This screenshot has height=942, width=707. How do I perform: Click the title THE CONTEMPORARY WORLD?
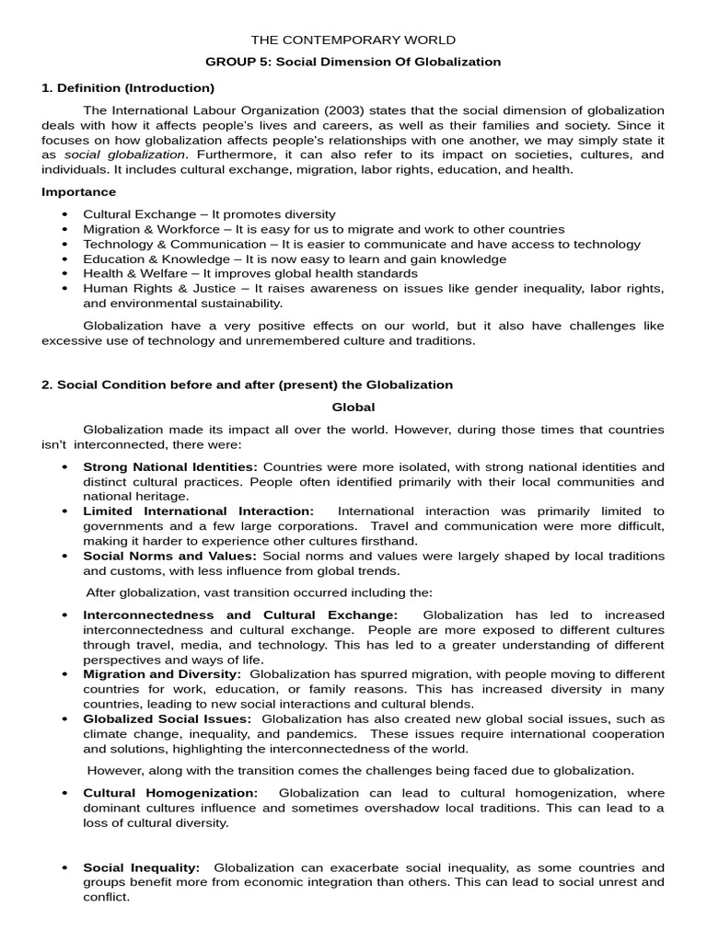coord(353,40)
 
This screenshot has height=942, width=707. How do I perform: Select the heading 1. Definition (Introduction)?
coord(128,88)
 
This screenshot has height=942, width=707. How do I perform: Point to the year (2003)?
coord(342,110)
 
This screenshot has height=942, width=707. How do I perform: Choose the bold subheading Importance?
coord(79,192)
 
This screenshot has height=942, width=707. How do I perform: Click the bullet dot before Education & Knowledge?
coord(64,259)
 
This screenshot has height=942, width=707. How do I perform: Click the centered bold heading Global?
coord(353,408)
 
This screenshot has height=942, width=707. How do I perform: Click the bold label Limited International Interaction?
coord(198,511)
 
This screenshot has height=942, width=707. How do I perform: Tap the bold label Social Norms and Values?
coord(170,557)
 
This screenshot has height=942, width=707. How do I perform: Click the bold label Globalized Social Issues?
coord(167,719)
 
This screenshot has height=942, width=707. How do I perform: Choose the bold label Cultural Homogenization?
coord(170,793)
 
